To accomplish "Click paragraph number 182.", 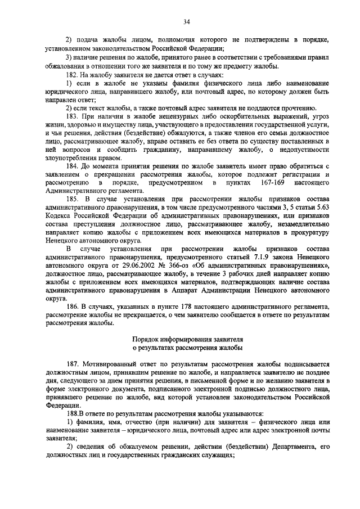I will click(73, 75).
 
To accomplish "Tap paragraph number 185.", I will click(74, 199).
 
